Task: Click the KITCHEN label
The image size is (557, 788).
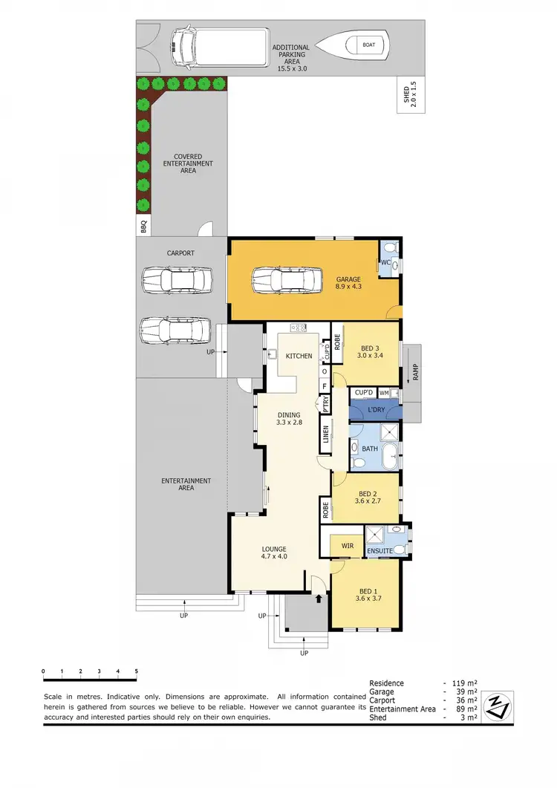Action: click(x=299, y=356)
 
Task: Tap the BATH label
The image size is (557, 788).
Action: click(x=370, y=449)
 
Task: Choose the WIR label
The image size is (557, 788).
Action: click(x=347, y=546)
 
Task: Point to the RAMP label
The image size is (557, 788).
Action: click(x=415, y=369)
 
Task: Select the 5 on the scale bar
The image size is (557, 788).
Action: click(x=136, y=671)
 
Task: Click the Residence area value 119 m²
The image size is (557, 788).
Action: click(x=465, y=683)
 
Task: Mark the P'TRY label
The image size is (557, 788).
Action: click(x=326, y=406)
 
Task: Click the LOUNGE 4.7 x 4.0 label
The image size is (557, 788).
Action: click(x=273, y=553)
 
